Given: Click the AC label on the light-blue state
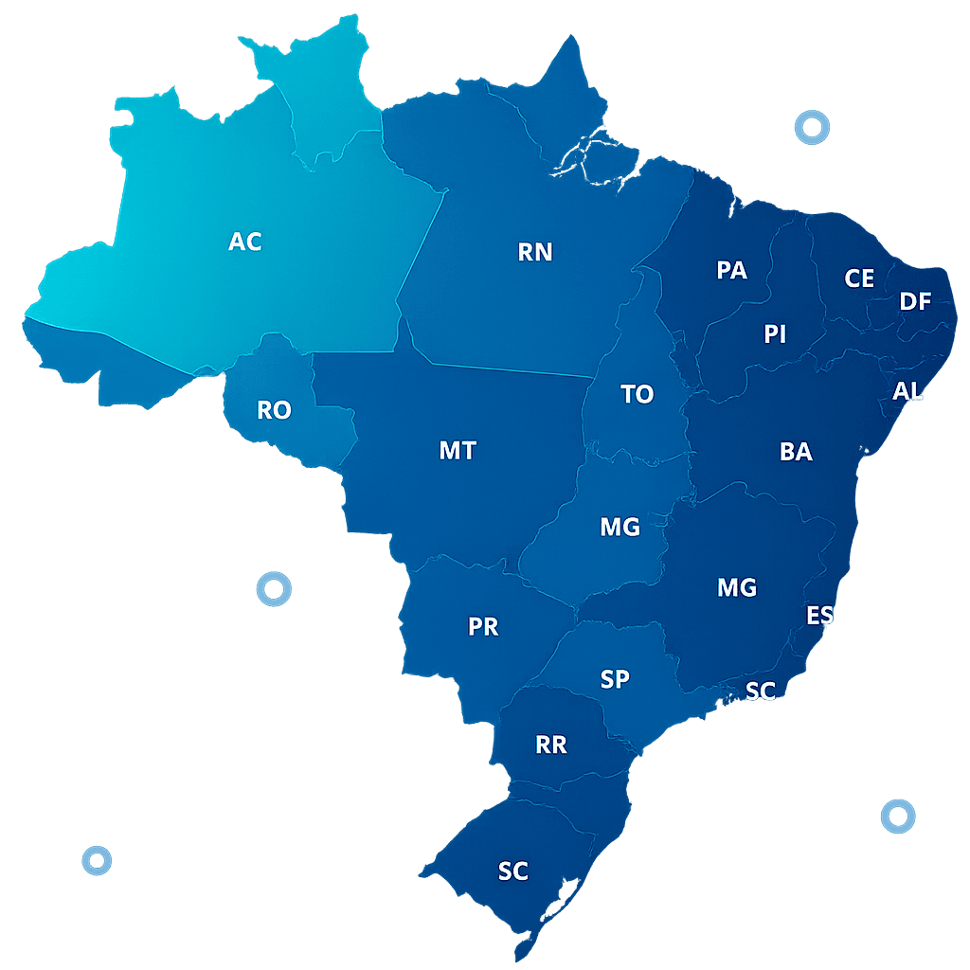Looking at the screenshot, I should pos(244,242).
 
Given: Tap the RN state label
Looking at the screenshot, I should pos(535,252).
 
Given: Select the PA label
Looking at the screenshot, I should pos(731,271).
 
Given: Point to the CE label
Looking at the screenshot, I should pos(859,278).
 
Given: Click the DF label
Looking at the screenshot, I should pos(915,302).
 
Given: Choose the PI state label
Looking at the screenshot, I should pos(775,334).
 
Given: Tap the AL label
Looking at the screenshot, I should pos(907,391).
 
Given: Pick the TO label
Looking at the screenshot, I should pos(637,395).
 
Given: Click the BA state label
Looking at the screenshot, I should pos(796,452).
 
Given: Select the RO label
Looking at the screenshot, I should pos(274,410).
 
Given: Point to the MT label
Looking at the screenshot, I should pos(458,451).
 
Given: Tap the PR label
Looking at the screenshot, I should pos(483,627).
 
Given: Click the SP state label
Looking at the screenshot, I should pos(615,679).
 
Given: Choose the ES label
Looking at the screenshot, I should pos(819,616).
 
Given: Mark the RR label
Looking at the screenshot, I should pos(551,745).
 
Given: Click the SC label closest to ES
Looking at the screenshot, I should pos(760,692).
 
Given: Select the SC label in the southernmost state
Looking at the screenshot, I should pos(512,871).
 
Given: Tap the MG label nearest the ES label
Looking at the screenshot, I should pos(737,588).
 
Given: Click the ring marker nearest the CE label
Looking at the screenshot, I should pos(812,127).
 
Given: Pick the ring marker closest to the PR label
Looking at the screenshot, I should pos(274,589).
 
